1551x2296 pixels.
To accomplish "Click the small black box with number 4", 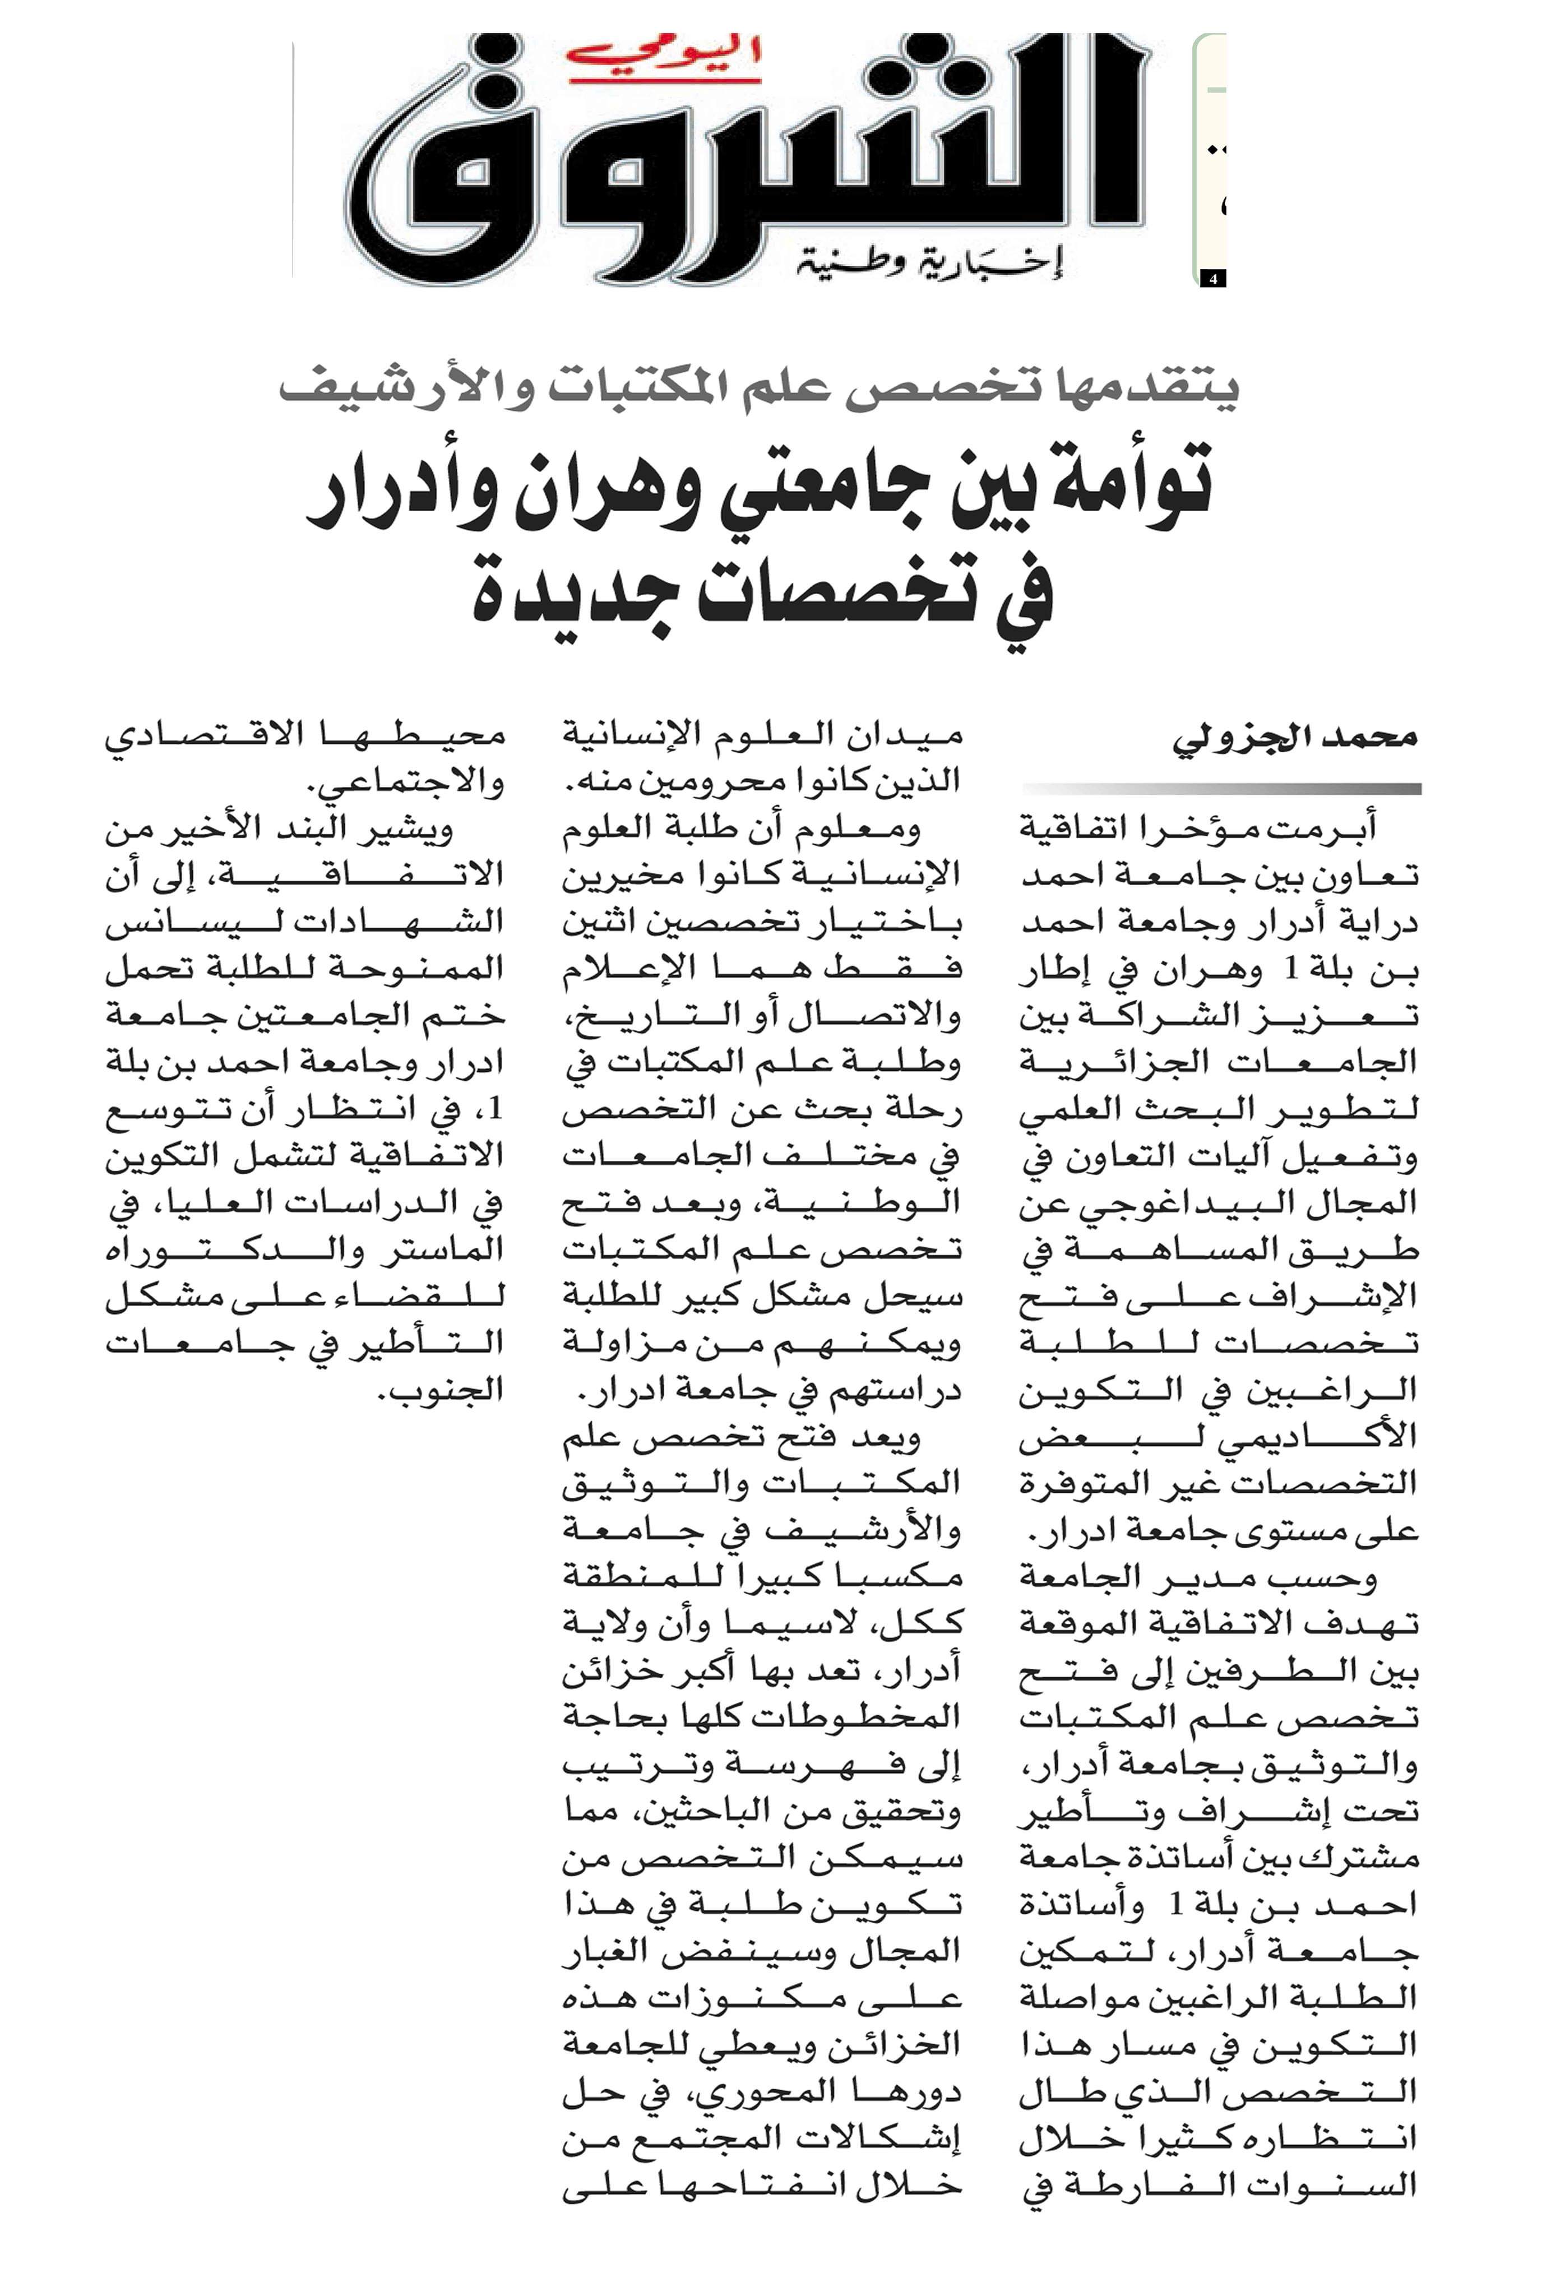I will tap(1213, 279).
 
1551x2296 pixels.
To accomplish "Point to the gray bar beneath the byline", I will tap(1221, 788).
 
